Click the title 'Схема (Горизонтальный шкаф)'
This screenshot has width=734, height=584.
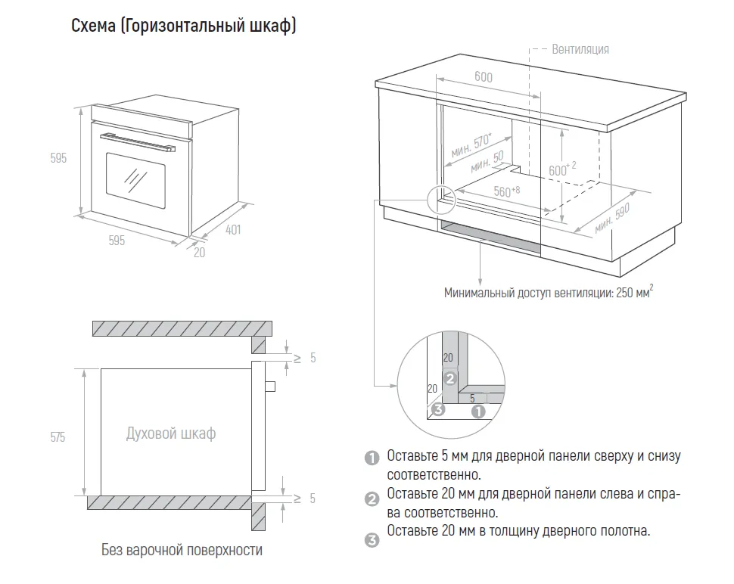tap(183, 26)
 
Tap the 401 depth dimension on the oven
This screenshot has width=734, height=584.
tap(233, 228)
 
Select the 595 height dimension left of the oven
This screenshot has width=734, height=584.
tap(59, 158)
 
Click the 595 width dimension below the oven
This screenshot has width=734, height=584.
tap(117, 241)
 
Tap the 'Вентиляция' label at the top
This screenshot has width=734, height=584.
tap(580, 49)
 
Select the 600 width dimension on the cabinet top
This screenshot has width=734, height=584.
tap(483, 77)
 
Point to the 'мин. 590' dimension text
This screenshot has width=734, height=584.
tap(612, 219)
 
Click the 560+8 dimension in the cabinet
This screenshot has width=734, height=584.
tap(506, 191)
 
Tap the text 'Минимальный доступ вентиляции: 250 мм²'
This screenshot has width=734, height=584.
tap(548, 293)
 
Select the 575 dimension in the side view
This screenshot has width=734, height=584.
tap(58, 437)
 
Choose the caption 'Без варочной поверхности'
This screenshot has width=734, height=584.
tap(182, 550)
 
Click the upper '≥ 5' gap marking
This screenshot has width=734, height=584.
tap(303, 358)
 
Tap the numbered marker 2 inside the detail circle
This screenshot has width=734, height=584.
tap(449, 377)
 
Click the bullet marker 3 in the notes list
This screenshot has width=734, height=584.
tap(371, 540)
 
